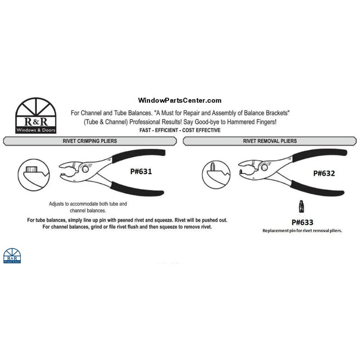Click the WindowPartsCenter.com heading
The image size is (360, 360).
pyautogui.click(x=179, y=100)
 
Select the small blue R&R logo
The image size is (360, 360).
pyautogui.click(x=12, y=256)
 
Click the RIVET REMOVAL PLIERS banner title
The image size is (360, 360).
pyautogui.click(x=270, y=141)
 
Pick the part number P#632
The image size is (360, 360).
pyautogui.click(x=324, y=173)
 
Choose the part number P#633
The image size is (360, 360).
pyautogui.click(x=302, y=222)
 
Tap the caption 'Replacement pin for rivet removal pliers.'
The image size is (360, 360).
pyautogui.click(x=302, y=231)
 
